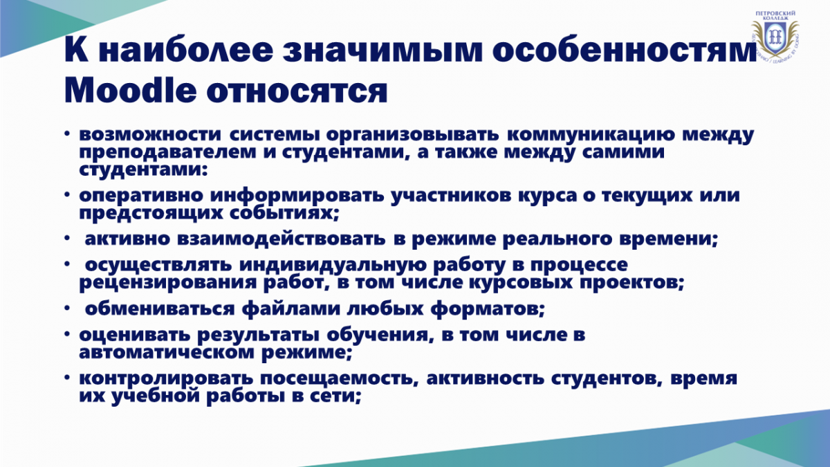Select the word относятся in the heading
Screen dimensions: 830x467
coord(297,91)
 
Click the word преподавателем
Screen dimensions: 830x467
coord(167,153)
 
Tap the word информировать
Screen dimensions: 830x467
coord(297,196)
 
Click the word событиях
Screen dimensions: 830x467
coord(284,214)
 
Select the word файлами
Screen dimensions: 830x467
coord(291,309)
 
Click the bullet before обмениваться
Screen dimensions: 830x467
coord(66,308)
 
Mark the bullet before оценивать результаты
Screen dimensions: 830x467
coord(66,334)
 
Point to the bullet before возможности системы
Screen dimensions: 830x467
coord(66,134)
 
